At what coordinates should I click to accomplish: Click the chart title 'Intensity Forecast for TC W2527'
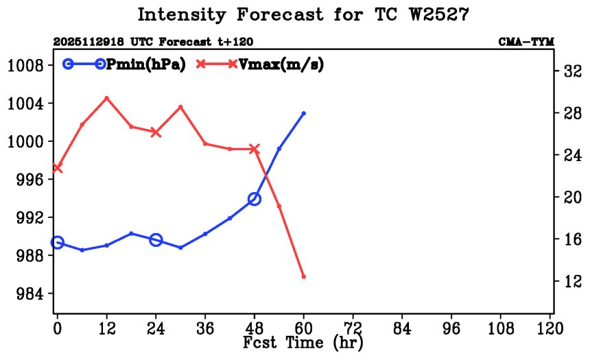click(303, 15)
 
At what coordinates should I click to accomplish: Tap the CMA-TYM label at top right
click(526, 42)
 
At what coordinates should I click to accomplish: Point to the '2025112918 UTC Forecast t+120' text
click(143, 42)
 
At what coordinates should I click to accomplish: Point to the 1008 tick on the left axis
click(25, 66)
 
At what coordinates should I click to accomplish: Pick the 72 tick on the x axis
click(353, 328)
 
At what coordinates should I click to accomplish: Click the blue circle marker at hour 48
click(255, 199)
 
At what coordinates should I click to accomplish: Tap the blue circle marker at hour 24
click(156, 239)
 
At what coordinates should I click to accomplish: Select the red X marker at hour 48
click(255, 149)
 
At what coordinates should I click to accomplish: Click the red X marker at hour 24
click(156, 132)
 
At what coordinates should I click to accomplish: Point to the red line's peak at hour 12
click(106, 98)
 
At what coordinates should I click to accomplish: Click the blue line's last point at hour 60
click(303, 113)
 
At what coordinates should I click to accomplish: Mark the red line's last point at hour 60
click(303, 276)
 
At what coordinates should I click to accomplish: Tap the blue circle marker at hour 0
click(57, 243)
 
